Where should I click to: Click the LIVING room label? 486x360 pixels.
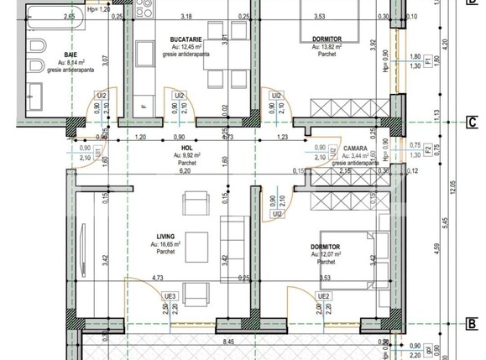165,236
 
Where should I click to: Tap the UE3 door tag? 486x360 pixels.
170,296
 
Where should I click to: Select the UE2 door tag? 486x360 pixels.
324,296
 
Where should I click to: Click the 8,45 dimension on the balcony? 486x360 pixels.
228,342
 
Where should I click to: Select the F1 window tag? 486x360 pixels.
426,60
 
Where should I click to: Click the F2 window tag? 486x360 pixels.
426,149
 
